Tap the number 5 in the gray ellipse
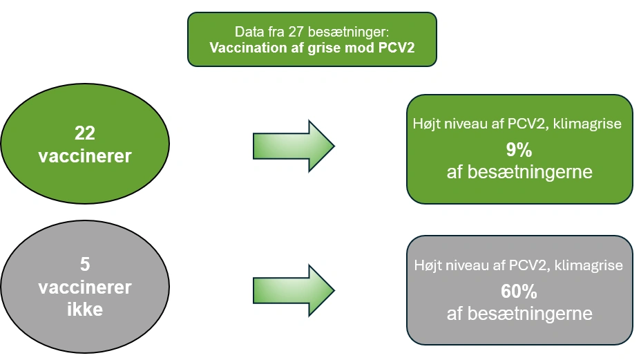pyautogui.click(x=85, y=264)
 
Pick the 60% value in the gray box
pyautogui.click(x=519, y=291)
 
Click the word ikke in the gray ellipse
pyautogui.click(x=85, y=309)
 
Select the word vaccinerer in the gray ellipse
pyautogui.click(x=85, y=287)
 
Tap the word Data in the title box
pyautogui.click(x=249, y=32)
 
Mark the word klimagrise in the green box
pyautogui.click(x=592, y=124)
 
